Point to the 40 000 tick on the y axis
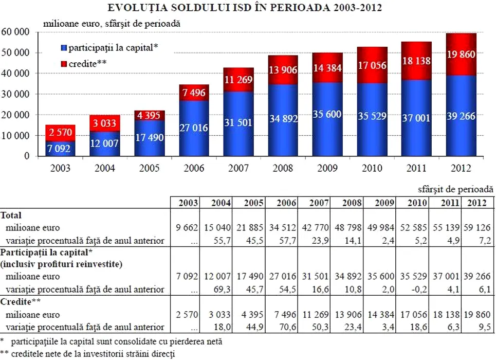coord(16,74)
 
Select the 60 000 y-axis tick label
coord(16,32)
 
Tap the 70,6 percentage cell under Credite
coord(286,327)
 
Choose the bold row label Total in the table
coord(11,215)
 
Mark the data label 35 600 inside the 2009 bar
coord(327,114)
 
